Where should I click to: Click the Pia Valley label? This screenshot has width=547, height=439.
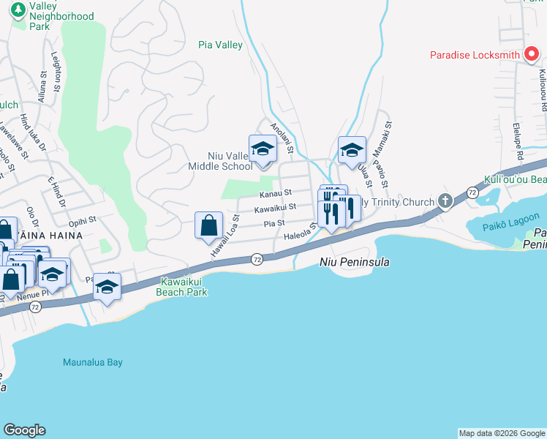(x=220, y=45)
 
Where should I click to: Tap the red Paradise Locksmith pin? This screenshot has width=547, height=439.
(x=531, y=55)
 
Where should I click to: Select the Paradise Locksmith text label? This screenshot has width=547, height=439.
(x=474, y=55)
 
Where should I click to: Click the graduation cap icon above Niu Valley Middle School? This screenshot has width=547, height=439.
(x=263, y=149)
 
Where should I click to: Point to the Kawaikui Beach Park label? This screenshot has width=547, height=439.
(x=183, y=287)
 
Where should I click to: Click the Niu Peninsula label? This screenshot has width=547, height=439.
(x=354, y=262)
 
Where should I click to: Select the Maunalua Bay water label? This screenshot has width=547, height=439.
(x=93, y=362)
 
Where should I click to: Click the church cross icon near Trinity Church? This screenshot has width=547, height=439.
(x=443, y=200)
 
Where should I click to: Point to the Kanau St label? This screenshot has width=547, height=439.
(x=276, y=193)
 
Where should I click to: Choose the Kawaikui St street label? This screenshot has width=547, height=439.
(x=274, y=209)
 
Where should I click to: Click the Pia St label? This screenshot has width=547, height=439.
(x=273, y=223)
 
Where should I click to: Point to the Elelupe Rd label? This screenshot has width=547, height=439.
(x=517, y=144)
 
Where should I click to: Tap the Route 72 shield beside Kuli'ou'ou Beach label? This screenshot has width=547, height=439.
(x=472, y=191)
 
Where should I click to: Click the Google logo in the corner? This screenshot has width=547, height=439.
(x=24, y=430)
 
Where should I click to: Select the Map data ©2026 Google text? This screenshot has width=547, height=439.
(x=501, y=433)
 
